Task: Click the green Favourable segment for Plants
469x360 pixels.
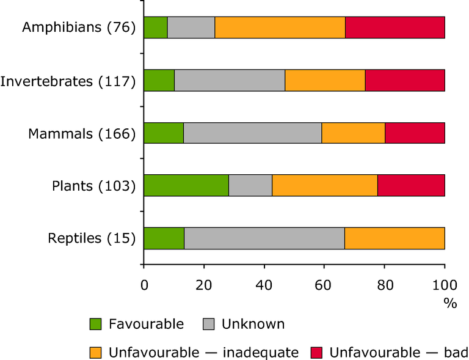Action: click(186, 185)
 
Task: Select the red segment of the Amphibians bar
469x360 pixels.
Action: click(395, 28)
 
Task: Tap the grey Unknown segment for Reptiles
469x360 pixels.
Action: click(264, 238)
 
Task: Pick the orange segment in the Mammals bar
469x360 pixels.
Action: click(354, 133)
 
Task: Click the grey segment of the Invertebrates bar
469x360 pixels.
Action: click(230, 80)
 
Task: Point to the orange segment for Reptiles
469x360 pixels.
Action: click(394, 238)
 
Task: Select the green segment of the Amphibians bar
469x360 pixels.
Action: click(156, 28)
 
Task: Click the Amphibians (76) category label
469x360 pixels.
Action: click(79, 28)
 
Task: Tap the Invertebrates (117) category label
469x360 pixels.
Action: click(68, 80)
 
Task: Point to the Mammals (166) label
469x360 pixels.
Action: click(82, 133)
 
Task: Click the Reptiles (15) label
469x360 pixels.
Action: click(92, 238)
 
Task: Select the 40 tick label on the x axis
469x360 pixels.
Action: click(264, 285)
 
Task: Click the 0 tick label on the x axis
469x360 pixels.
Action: click(144, 285)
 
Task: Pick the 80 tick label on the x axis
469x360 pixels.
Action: click(385, 285)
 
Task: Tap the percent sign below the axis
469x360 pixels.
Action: click(451, 304)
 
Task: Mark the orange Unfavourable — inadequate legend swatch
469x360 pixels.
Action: click(96, 352)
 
